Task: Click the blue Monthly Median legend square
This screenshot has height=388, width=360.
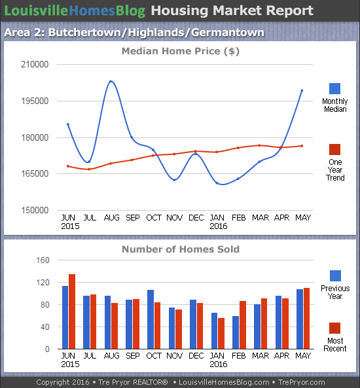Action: pos(334,89)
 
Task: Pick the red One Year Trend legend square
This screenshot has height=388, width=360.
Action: pos(334,150)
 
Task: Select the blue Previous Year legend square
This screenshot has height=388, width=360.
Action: pos(334,275)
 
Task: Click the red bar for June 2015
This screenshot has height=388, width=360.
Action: pos(72,311)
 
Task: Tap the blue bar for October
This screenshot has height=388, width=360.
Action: pos(151,319)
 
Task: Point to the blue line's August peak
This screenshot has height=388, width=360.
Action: pos(111,81)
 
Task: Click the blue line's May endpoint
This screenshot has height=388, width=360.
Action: pos(302,90)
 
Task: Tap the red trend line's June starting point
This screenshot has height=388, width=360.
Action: pos(67,166)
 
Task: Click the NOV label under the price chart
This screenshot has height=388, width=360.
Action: pos(174,217)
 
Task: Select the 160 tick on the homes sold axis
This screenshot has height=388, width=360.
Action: pos(43,260)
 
